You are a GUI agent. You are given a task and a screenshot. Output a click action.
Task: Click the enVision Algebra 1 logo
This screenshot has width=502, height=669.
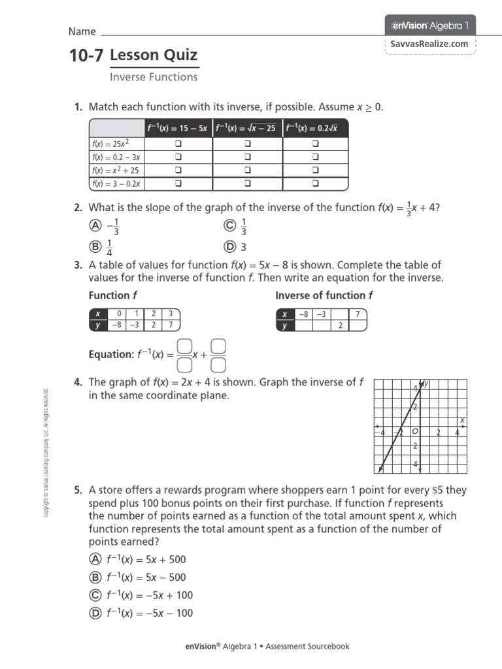(430, 25)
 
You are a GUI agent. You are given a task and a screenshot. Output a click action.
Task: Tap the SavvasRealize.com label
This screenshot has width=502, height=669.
(430, 44)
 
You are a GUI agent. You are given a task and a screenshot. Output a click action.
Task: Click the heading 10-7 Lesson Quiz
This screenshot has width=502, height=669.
(134, 56)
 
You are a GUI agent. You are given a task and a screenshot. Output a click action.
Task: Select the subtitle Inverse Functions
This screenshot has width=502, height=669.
(154, 77)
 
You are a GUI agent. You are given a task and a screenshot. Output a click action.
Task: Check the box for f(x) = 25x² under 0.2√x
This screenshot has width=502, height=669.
(316, 143)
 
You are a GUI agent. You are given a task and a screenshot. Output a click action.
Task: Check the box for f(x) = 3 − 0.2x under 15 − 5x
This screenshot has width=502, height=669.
(178, 184)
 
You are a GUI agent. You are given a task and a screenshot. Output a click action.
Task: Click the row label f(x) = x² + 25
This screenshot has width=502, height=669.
(116, 171)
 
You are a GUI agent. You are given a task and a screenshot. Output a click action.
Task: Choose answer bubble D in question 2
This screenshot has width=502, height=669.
(229, 247)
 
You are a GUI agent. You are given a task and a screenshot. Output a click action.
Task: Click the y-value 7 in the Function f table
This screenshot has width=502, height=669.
(171, 325)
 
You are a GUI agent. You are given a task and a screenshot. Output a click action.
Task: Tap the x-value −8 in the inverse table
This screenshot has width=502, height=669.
(303, 314)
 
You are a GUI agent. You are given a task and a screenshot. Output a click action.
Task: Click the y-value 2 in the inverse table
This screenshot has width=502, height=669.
(340, 325)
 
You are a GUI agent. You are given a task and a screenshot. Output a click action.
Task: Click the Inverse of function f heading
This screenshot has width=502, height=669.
(324, 295)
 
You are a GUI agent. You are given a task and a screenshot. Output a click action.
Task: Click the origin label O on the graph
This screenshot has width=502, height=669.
(414, 432)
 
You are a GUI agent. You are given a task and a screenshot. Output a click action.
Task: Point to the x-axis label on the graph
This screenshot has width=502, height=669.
(462, 420)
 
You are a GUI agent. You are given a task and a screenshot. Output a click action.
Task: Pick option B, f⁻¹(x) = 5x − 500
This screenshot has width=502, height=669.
(95, 578)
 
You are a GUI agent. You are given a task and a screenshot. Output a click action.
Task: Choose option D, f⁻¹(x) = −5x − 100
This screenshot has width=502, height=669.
(95, 613)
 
